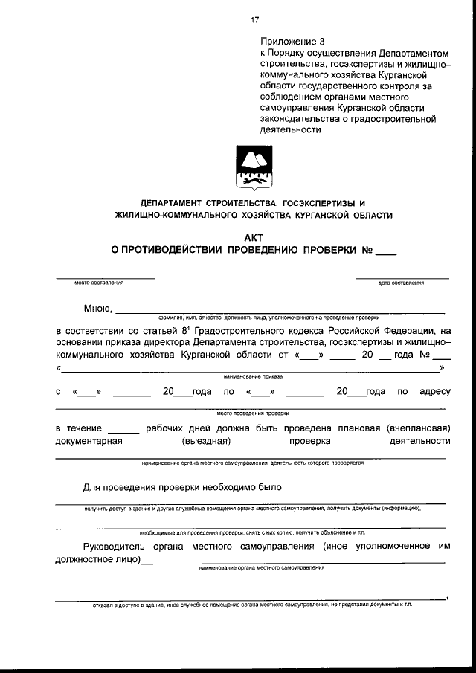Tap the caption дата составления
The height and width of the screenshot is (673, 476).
coord(401,283)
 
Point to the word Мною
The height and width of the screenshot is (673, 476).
coord(97,309)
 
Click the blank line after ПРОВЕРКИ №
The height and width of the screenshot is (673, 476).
coord(386,252)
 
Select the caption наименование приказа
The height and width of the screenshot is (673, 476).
coord(253,377)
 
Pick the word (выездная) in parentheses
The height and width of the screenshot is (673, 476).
coord(204,441)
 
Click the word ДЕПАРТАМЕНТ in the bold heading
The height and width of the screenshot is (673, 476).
coord(176,202)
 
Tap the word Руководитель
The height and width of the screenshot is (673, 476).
coord(118,547)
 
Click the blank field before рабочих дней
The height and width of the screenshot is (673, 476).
coord(123,430)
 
